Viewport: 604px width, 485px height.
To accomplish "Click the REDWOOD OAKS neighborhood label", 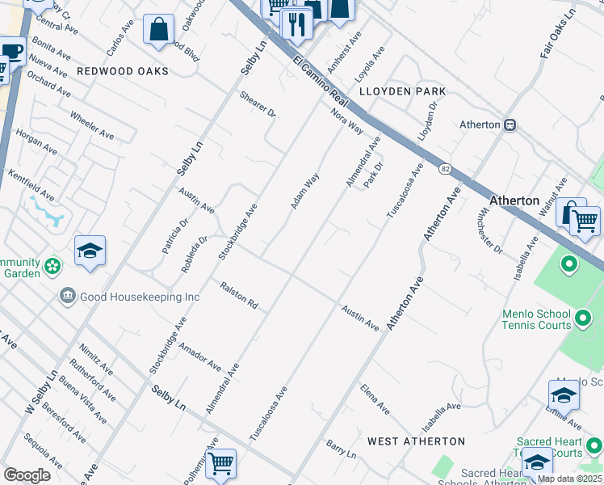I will point(123,71).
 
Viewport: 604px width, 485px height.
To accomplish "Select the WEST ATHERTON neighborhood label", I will point(416,441).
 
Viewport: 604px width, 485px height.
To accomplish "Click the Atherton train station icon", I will point(510,125).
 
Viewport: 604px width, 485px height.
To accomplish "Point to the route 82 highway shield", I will point(445,168).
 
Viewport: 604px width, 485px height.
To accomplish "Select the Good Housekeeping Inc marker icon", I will point(68,297).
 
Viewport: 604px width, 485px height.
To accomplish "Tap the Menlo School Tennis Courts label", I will point(558,319).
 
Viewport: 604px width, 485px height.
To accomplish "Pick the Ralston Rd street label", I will point(239,295).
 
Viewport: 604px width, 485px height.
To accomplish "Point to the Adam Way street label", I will point(305,190).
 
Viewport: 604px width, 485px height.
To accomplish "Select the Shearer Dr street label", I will point(258,105).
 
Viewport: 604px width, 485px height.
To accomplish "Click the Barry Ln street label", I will point(341,449).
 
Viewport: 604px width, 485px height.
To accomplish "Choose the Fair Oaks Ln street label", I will point(558,38).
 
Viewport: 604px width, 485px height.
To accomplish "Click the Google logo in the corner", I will point(27,474).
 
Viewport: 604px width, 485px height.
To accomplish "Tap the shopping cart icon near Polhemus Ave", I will point(220,464).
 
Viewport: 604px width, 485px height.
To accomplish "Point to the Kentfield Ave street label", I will point(31,185).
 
